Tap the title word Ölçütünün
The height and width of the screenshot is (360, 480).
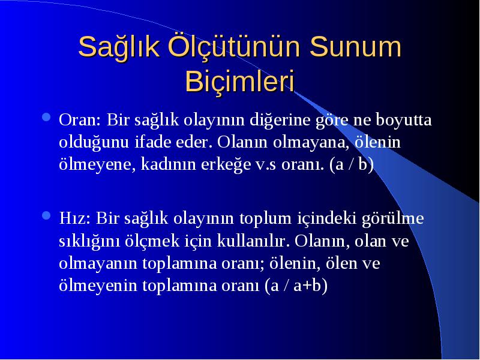(234, 46)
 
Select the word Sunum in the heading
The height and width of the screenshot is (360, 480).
(355, 46)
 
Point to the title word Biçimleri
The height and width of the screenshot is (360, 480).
(239, 82)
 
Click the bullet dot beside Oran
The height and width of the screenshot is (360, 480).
(46, 117)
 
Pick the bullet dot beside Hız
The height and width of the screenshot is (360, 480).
(46, 216)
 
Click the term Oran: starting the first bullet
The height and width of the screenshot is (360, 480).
(80, 119)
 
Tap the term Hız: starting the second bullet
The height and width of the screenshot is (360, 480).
(74, 218)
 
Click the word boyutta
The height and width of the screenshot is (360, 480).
(403, 119)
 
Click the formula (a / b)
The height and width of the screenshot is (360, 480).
(352, 164)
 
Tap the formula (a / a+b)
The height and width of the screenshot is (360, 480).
(296, 286)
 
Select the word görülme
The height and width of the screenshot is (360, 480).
(393, 219)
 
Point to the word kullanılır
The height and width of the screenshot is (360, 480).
(253, 241)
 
